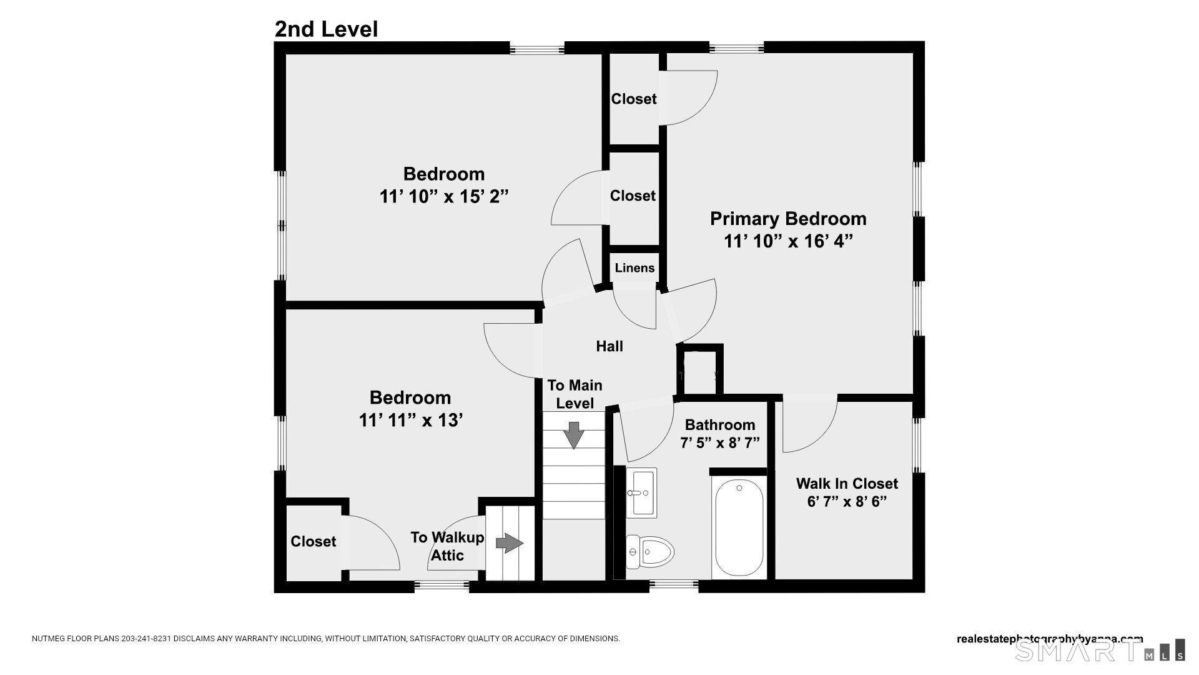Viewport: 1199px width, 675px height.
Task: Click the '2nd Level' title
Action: pos(326,29)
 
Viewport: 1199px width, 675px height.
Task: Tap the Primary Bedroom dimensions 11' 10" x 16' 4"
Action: pos(788,241)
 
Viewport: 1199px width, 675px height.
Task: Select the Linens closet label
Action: pos(634,268)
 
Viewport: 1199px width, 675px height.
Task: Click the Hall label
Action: pos(609,346)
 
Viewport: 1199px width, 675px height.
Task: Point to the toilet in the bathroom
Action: pos(651,552)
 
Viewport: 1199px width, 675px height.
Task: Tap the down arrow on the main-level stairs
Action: pos(573,435)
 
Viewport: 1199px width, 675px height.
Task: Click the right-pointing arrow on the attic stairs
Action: pos(509,543)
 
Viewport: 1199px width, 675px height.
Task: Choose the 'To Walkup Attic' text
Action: pos(447,546)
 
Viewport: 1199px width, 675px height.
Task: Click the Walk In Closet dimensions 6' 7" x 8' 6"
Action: pos(847,502)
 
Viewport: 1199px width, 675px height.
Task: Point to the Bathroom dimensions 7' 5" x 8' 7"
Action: pos(719,443)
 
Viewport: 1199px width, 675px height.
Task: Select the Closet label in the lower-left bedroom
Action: pos(313,541)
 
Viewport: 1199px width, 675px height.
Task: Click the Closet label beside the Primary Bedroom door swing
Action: pos(633,99)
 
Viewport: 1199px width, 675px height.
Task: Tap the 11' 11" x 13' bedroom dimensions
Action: pos(410,420)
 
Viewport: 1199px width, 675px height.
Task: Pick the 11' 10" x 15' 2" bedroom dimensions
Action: pos(443,197)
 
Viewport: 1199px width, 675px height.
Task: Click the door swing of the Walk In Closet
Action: pos(809,425)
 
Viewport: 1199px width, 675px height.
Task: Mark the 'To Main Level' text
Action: pos(575,394)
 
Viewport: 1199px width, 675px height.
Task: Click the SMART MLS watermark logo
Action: pos(1099,650)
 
